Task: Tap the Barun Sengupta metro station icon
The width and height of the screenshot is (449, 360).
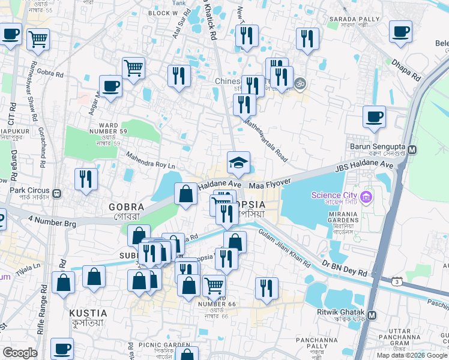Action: pyautogui.click(x=412, y=149)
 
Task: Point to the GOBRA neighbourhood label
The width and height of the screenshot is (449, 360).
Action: pyautogui.click(x=126, y=207)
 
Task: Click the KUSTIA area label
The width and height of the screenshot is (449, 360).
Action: pyautogui.click(x=88, y=313)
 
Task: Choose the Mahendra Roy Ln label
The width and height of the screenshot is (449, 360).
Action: pyautogui.click(x=150, y=160)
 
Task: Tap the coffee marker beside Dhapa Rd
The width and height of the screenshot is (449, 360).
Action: pyautogui.click(x=400, y=32)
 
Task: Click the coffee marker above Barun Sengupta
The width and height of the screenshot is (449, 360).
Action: pyautogui.click(x=375, y=116)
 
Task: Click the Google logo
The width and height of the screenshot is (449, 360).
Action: pyautogui.click(x=20, y=353)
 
